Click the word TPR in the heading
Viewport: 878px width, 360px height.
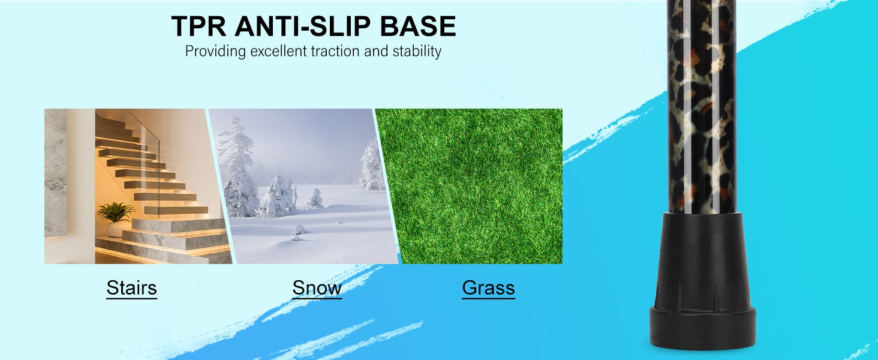click(199, 26)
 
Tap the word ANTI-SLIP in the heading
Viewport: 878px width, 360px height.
click(303, 26)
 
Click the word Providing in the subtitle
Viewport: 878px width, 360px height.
click(215, 52)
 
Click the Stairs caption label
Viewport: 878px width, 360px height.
click(132, 288)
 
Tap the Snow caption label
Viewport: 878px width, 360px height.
click(317, 288)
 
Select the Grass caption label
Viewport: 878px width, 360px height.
click(488, 288)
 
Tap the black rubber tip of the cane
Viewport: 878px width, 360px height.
click(702, 280)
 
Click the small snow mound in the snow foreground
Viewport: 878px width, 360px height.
click(299, 231)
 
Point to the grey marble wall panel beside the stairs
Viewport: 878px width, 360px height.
click(55, 173)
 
